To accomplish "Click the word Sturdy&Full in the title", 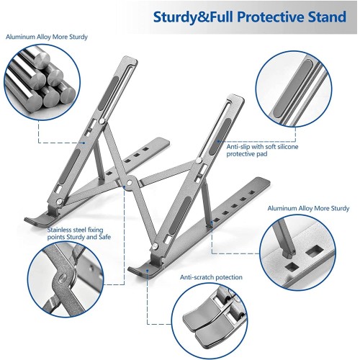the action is tap(193, 17).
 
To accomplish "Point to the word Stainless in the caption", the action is tap(59, 230).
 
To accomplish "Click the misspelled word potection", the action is tap(229, 277).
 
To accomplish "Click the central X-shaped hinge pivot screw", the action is tap(130, 183).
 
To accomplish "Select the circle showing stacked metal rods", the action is tap(42, 82).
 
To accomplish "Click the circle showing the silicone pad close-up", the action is tap(294, 89).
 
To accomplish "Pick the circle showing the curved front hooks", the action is tap(210, 321).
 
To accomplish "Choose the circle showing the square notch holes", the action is tap(297, 253).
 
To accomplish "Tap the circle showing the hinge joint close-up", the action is tap(66, 279).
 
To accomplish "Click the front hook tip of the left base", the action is tap(26, 219).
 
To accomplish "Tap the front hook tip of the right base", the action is tap(130, 269).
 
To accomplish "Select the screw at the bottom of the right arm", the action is tap(156, 246).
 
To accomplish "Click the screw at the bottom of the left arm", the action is tap(59, 202).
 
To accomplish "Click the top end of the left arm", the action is tap(130, 59).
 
